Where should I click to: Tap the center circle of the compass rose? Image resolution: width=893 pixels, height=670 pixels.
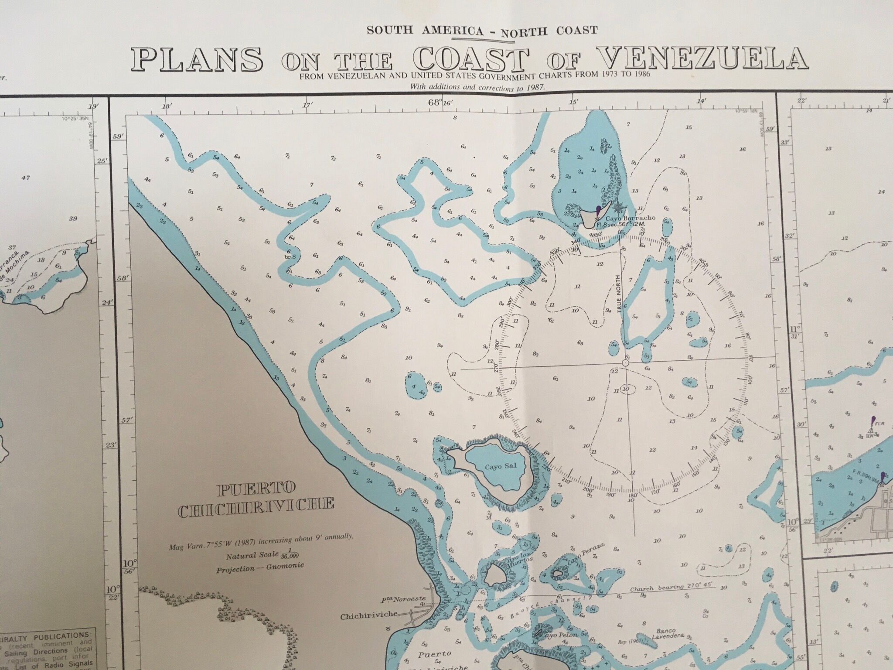pyautogui.click(x=626, y=363)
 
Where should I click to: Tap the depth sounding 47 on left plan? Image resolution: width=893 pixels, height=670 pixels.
pyautogui.click(x=25, y=178)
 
